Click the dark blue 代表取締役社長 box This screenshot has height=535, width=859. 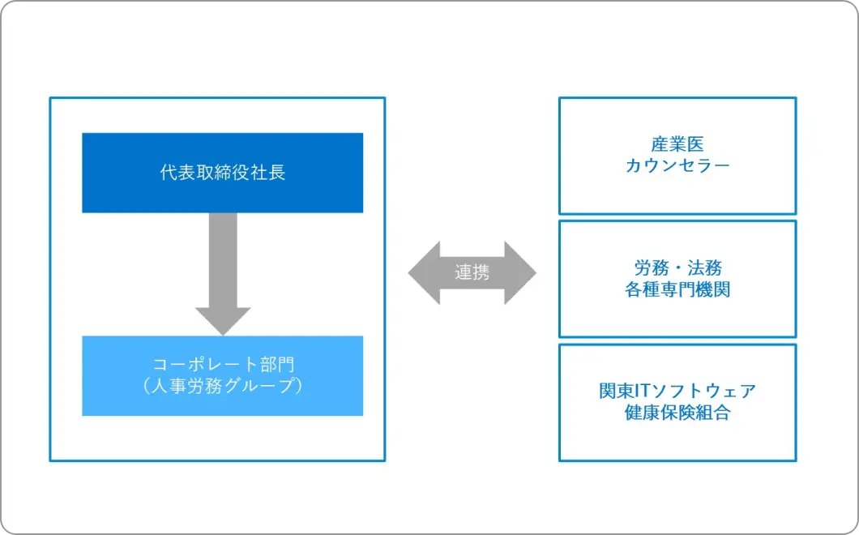click(222, 173)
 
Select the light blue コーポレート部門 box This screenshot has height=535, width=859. click(222, 376)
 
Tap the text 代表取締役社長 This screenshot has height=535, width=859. click(222, 173)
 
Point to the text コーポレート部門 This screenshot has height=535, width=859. click(223, 365)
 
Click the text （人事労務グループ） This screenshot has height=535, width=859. click(222, 386)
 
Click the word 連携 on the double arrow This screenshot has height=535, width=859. click(472, 272)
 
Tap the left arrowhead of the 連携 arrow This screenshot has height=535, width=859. click(424, 272)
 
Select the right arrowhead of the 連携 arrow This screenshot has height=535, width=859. click(520, 272)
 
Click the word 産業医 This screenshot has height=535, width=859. click(677, 145)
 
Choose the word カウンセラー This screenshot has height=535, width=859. click(677, 165)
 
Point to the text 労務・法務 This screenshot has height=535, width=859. click(677, 268)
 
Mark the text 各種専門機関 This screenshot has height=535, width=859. click(677, 289)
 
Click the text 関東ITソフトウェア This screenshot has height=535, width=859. click(677, 392)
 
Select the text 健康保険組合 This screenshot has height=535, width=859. click(677, 413)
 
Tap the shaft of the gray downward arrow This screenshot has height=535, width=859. click(222, 260)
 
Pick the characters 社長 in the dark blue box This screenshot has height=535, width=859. click(268, 173)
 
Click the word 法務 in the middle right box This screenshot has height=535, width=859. click(704, 268)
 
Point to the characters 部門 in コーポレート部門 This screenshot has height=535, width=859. click(277, 365)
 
